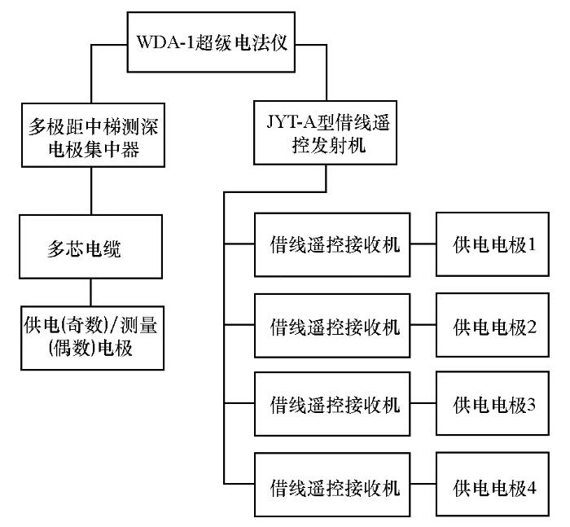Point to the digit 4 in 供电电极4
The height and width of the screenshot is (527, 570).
coord(532,487)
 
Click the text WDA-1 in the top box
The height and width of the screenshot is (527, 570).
coord(166,42)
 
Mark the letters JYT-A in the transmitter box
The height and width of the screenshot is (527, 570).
coord(292,121)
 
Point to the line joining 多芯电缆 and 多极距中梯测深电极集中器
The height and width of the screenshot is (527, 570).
coord(91,191)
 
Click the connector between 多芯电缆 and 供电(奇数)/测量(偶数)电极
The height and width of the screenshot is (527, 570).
coord(91,292)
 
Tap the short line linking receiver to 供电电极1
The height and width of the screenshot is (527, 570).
coord(423,244)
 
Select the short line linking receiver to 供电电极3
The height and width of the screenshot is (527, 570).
coord(423,403)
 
